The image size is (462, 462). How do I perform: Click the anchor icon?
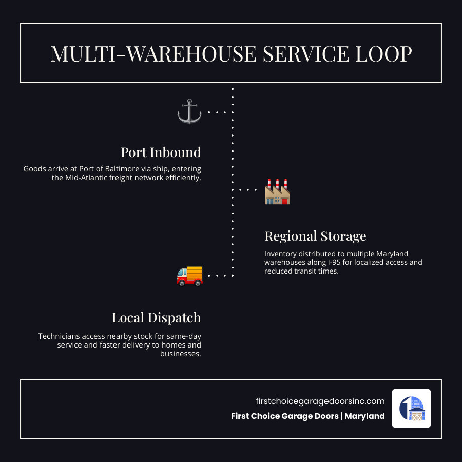pyautogui.click(x=189, y=111)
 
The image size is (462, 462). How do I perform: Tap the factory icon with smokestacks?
pyautogui.click(x=277, y=191)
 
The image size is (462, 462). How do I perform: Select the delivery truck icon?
pyautogui.click(x=189, y=275)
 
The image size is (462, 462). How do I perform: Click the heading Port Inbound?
pyautogui.click(x=161, y=152)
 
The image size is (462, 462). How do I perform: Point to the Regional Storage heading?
pyautogui.click(x=315, y=236)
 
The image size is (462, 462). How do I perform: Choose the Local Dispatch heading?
pyautogui.click(x=156, y=318)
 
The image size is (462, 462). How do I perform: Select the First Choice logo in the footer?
pyautogui.click(x=411, y=408)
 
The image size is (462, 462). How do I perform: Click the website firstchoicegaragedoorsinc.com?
pyautogui.click(x=320, y=401)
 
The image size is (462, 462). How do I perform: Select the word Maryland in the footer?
pyautogui.click(x=364, y=416)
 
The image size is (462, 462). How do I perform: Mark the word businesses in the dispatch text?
pyautogui.click(x=181, y=354)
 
